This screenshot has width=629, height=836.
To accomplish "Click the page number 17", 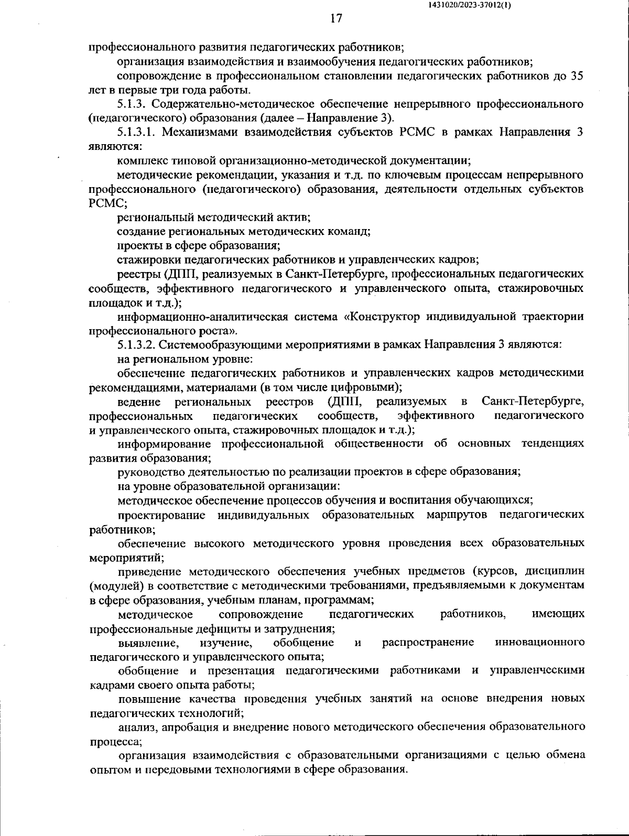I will click(x=336, y=19).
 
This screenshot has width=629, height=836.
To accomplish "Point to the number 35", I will click(x=577, y=75).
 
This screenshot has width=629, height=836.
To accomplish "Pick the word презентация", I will click(x=242, y=671).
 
